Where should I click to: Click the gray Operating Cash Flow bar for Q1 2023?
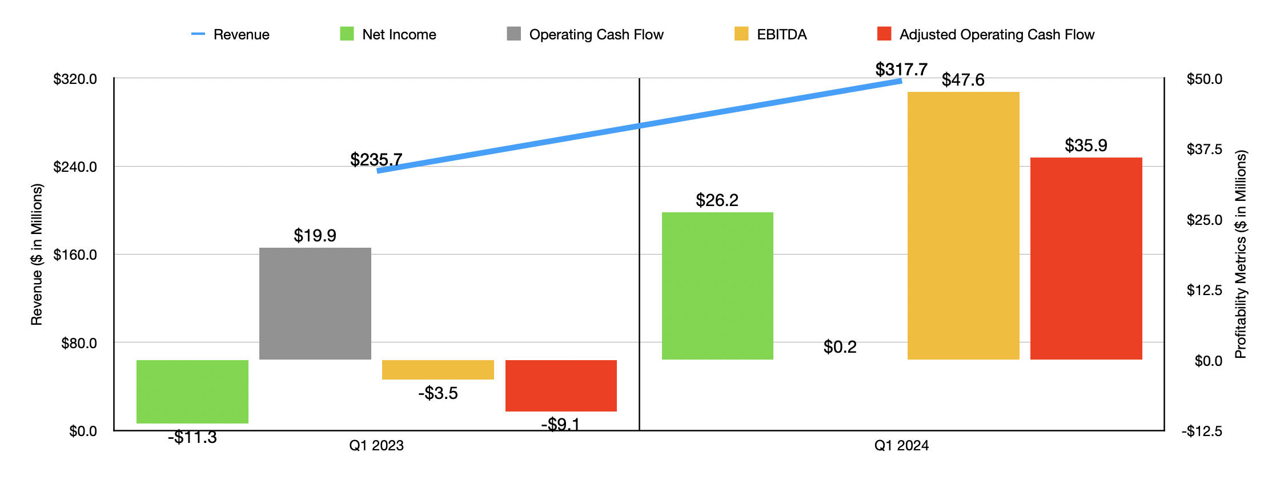tap(315, 303)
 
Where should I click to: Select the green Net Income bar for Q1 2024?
tap(717, 285)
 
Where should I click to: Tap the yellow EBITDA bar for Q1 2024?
tap(963, 225)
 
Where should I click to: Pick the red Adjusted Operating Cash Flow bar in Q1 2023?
tap(561, 385)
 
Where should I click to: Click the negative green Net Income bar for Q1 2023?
tap(192, 392)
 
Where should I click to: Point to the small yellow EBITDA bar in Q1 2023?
tap(438, 369)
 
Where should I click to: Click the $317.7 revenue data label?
tap(901, 70)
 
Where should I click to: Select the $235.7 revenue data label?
tap(376, 159)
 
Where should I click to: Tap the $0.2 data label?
tap(840, 347)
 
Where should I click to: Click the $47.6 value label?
tap(963, 80)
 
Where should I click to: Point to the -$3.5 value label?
tap(438, 393)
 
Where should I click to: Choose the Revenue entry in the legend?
tap(231, 34)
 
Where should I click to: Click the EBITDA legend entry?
tap(771, 34)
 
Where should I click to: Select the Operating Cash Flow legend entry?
tap(585, 34)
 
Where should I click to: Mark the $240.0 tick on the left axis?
tap(75, 167)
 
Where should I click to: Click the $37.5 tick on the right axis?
tap(1204, 150)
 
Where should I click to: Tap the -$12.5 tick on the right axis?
tap(1202, 431)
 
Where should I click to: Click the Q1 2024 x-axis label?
tap(901, 446)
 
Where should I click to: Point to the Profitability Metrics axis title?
tap(1241, 255)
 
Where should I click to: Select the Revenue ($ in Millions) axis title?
tap(37, 255)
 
